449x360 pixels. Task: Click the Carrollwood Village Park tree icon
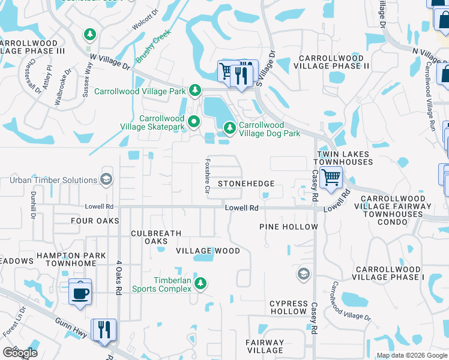coord(194,91)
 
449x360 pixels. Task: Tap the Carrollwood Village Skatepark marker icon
coord(194,122)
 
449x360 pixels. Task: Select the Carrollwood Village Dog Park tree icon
coord(229,127)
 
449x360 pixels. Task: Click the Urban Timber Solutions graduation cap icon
coord(106,179)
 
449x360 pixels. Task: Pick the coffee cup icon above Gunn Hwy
coord(80,293)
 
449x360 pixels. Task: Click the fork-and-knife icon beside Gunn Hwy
coord(103,329)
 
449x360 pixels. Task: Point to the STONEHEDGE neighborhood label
coord(246,184)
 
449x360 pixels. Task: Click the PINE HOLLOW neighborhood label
coord(288,227)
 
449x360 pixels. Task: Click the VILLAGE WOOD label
coord(208,251)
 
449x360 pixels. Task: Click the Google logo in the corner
coord(20,353)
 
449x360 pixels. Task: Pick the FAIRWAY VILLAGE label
coord(265,346)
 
